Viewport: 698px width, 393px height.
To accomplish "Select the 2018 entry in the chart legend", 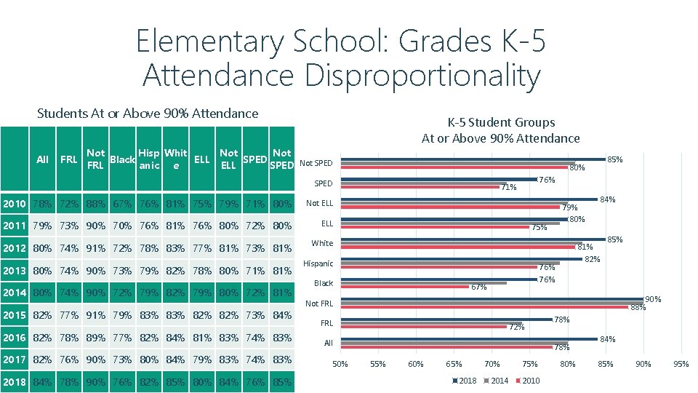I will (x=466, y=381).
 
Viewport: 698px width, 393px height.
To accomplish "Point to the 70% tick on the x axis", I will (x=492, y=364).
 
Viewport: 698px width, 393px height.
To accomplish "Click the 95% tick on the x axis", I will (x=681, y=364).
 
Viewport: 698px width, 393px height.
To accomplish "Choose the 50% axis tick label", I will (x=340, y=364).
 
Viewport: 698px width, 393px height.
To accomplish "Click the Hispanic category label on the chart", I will (x=318, y=263).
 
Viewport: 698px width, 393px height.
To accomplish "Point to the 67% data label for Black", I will (x=478, y=287).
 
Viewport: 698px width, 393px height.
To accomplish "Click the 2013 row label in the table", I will (x=15, y=271).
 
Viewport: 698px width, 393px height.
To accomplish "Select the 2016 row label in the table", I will (x=15, y=338).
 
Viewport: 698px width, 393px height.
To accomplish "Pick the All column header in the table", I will (x=42, y=159).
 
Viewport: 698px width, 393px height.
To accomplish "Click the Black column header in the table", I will (x=121, y=159).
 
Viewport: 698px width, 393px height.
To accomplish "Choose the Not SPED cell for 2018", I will (x=281, y=382).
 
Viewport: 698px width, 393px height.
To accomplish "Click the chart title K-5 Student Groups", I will (x=501, y=122).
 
